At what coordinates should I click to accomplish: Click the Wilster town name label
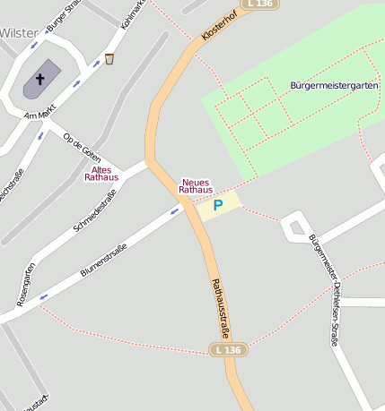[x=19, y=32]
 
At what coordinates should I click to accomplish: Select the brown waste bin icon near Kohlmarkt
[x=109, y=59]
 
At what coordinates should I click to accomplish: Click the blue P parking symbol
[x=217, y=206]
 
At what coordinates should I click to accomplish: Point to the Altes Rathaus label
[x=101, y=173]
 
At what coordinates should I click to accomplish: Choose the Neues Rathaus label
[x=196, y=185]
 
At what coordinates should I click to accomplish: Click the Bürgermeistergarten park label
[x=334, y=85]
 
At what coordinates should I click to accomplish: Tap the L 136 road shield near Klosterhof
[x=258, y=4]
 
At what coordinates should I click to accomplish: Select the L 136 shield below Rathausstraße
[x=228, y=349]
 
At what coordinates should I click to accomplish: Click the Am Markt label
[x=41, y=115]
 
